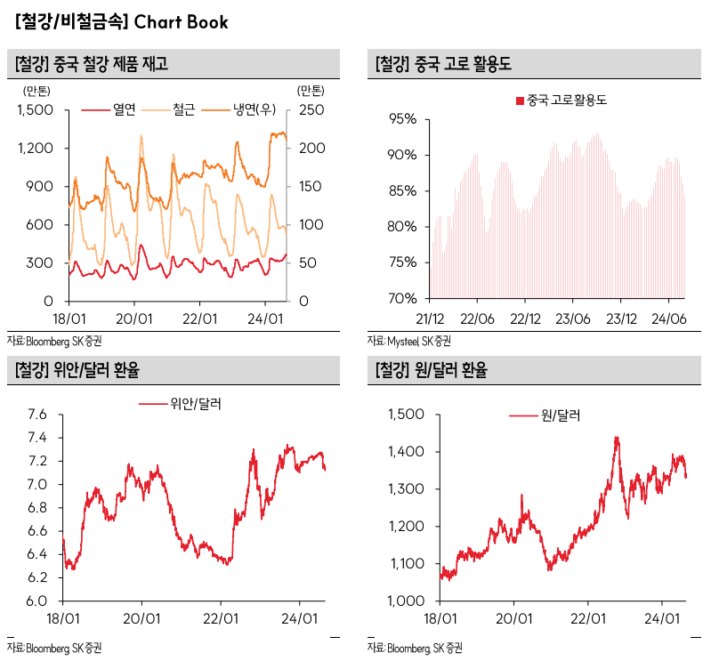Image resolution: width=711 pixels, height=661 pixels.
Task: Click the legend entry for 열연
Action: click(123, 109)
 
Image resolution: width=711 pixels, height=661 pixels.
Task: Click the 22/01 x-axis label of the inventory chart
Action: click(199, 318)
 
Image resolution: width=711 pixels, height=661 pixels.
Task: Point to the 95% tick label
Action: click(402, 119)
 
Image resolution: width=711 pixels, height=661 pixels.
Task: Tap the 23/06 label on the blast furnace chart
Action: click(574, 318)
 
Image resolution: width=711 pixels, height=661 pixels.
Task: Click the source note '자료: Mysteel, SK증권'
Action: click(409, 341)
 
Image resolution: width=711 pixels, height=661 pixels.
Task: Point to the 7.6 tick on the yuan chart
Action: click(36, 415)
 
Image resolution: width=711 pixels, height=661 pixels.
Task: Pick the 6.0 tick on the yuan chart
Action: click(36, 601)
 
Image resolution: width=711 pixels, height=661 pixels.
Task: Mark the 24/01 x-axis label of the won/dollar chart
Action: click(661, 617)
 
